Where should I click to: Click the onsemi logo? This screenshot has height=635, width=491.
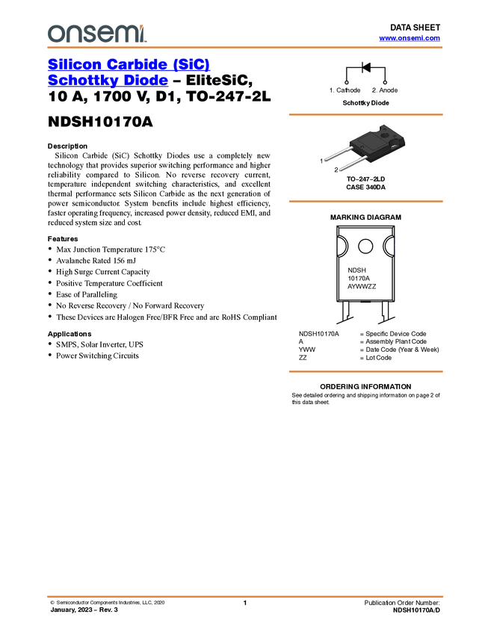click(96, 34)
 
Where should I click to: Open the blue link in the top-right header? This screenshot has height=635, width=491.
click(410, 38)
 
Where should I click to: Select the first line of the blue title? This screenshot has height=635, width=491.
click(129, 65)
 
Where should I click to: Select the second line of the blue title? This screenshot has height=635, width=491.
click(108, 81)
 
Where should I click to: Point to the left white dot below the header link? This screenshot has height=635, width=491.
click(347, 82)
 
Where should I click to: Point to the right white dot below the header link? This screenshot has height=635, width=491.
click(385, 82)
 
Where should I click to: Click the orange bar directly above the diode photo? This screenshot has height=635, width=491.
click(365, 114)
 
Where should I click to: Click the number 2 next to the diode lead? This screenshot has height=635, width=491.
click(336, 170)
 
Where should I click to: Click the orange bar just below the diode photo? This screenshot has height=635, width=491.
click(365, 202)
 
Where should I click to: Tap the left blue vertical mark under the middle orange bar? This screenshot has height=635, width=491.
click(340, 247)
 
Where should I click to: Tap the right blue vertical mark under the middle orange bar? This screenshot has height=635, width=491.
click(395, 247)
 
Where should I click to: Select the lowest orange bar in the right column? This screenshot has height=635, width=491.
click(365, 371)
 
